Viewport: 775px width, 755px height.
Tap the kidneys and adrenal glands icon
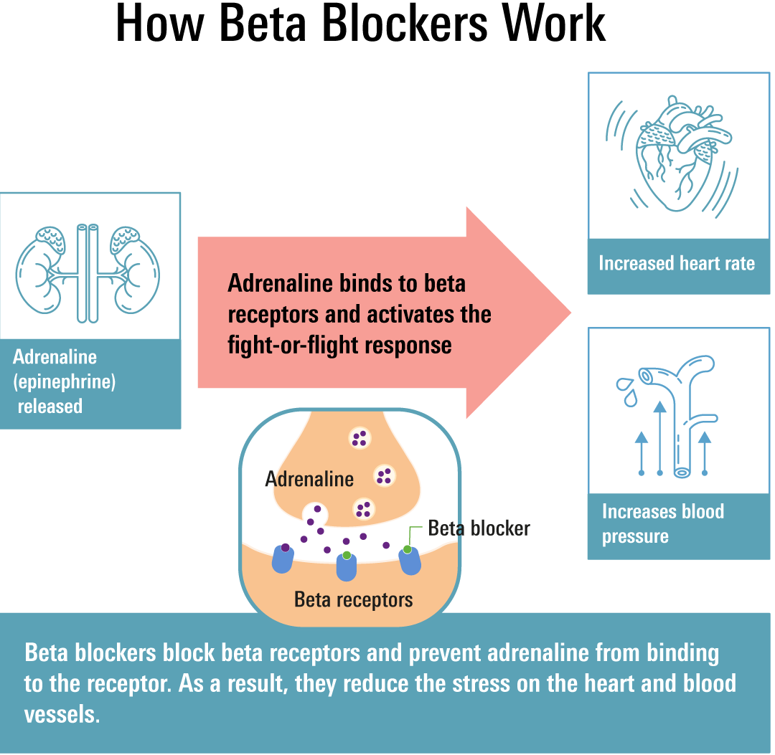(x=88, y=272)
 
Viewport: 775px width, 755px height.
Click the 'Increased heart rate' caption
(x=676, y=263)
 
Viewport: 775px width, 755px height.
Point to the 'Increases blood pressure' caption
(x=662, y=524)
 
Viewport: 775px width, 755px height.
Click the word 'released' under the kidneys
(x=50, y=406)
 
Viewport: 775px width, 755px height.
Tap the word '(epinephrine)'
(x=65, y=381)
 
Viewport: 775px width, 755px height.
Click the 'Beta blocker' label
(x=479, y=528)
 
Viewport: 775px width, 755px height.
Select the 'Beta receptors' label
(x=353, y=599)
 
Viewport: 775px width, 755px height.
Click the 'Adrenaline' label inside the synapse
(x=309, y=478)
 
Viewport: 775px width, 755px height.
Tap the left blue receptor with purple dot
(x=283, y=558)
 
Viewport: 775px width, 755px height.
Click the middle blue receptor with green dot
(x=347, y=566)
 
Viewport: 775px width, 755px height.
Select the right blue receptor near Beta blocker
(x=409, y=559)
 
